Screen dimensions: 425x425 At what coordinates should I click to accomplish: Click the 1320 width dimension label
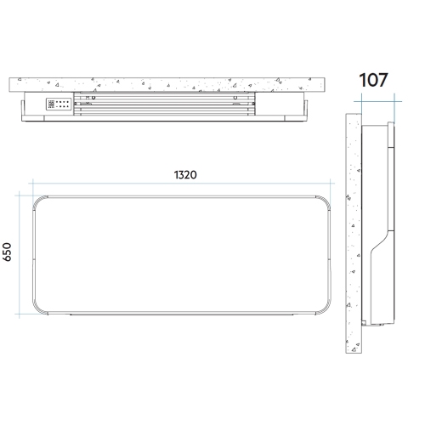(185, 175)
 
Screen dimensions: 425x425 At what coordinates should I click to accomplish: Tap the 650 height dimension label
(7, 252)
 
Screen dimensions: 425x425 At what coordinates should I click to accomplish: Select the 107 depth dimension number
(373, 80)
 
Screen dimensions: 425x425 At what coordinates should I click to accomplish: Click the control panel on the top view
(59, 104)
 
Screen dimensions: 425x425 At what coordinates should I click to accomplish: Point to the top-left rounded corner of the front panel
(38, 201)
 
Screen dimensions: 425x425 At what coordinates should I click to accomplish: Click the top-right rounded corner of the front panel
(326, 201)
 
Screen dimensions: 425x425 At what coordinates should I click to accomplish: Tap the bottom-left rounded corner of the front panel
(38, 309)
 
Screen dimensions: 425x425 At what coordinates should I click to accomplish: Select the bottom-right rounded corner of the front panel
(326, 309)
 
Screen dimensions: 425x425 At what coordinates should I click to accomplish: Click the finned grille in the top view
(164, 104)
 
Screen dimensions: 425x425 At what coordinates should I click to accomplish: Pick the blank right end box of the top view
(280, 104)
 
